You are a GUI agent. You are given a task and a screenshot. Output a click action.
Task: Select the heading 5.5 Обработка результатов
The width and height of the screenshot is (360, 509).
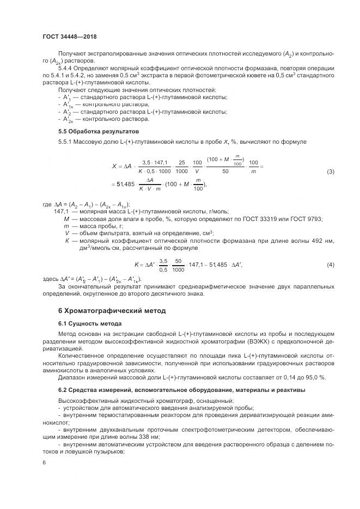pos(94,132)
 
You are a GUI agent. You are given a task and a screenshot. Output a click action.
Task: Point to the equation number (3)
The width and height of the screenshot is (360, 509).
pos(330,172)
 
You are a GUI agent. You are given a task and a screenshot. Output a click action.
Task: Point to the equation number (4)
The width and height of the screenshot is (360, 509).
pos(330,265)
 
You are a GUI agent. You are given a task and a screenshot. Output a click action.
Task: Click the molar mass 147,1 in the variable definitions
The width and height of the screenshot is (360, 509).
pos(61,212)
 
